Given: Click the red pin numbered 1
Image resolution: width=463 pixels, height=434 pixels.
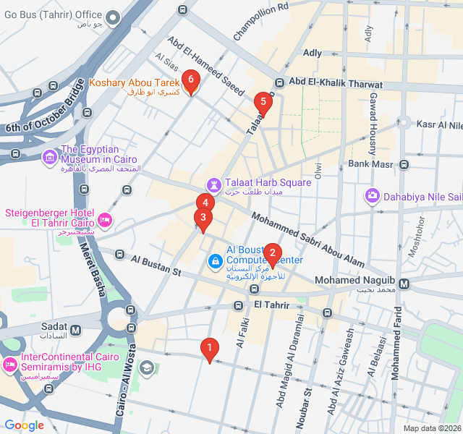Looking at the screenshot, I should (x=210, y=349).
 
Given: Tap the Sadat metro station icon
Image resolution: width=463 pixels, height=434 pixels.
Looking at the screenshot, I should (x=76, y=330).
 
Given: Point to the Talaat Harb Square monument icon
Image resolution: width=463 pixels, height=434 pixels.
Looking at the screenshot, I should (x=214, y=183).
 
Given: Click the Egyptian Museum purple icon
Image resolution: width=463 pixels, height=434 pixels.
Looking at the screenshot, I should (x=49, y=156).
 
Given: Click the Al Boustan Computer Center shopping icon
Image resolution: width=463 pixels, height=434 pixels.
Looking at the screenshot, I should (x=215, y=260).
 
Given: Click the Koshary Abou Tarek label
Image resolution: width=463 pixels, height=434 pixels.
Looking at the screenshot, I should (x=134, y=83).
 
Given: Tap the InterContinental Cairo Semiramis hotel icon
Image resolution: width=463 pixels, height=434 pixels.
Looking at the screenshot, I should (x=10, y=362).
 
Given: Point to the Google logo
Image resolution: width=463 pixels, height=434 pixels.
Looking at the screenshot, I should (x=24, y=425).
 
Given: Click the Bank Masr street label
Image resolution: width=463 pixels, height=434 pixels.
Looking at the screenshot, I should (x=370, y=163).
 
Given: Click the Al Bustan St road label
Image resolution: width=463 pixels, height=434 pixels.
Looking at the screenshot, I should (x=156, y=265).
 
